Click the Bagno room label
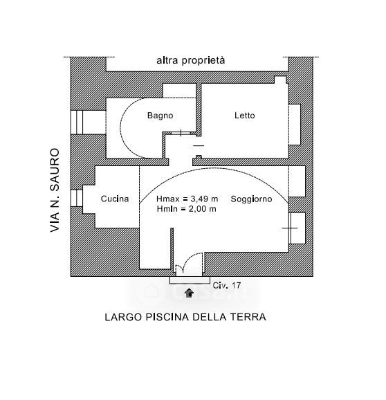click(x=160, y=116)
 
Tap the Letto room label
click(x=244, y=116)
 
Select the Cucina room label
click(x=115, y=199)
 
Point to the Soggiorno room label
click(x=251, y=199)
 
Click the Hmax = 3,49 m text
click(x=187, y=199)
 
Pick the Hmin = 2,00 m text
click(x=186, y=209)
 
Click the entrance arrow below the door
click(x=189, y=293)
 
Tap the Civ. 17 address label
click(x=227, y=285)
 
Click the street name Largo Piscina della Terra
click(x=185, y=317)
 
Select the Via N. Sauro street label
click(x=55, y=190)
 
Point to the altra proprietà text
click(x=191, y=60)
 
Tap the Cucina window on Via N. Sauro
click(x=77, y=198)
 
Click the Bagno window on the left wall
click(x=77, y=122)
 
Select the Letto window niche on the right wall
click(x=295, y=125)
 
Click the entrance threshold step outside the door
click(x=190, y=280)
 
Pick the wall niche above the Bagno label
click(x=179, y=91)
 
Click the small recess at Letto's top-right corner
click(x=280, y=80)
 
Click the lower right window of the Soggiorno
click(x=297, y=228)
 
